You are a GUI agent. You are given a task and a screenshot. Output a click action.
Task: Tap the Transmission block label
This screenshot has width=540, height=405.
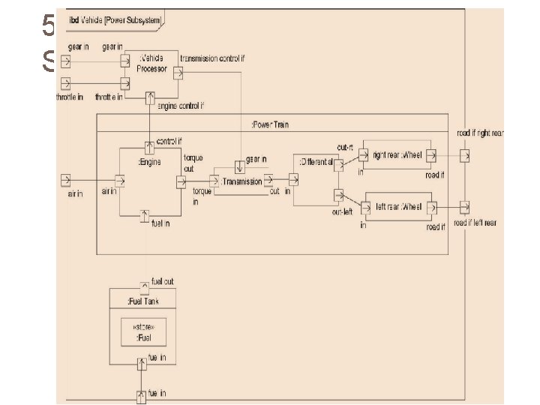pyautogui.click(x=241, y=181)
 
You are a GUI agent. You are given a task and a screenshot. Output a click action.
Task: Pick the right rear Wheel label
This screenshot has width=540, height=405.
pyautogui.click(x=397, y=155)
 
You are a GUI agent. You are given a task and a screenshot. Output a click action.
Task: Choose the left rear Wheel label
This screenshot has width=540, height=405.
pyautogui.click(x=399, y=206)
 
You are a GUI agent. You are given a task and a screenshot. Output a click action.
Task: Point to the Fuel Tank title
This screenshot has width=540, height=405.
pyautogui.click(x=142, y=301)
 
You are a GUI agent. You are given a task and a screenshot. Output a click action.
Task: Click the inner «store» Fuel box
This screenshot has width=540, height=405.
pyautogui.click(x=143, y=331)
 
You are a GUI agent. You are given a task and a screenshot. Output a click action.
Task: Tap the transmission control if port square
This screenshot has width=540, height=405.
pyautogui.click(x=178, y=73)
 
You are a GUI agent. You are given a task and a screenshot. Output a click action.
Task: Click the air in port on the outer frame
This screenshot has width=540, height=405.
pyautogui.click(x=66, y=180)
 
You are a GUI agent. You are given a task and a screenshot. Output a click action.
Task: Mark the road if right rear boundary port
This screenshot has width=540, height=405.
pyautogui.click(x=466, y=156)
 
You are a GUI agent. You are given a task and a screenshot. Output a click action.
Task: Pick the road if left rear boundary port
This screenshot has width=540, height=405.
pyautogui.click(x=466, y=206)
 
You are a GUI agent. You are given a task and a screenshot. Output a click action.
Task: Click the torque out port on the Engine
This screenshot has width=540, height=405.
pyautogui.click(x=181, y=181)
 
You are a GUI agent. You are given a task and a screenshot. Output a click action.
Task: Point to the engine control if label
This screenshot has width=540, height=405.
pyautogui.click(x=181, y=106)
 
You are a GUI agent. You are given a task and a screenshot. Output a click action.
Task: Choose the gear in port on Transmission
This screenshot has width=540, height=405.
pyautogui.click(x=239, y=166)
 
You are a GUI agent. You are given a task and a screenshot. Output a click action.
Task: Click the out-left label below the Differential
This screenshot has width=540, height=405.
pyautogui.click(x=343, y=212)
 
